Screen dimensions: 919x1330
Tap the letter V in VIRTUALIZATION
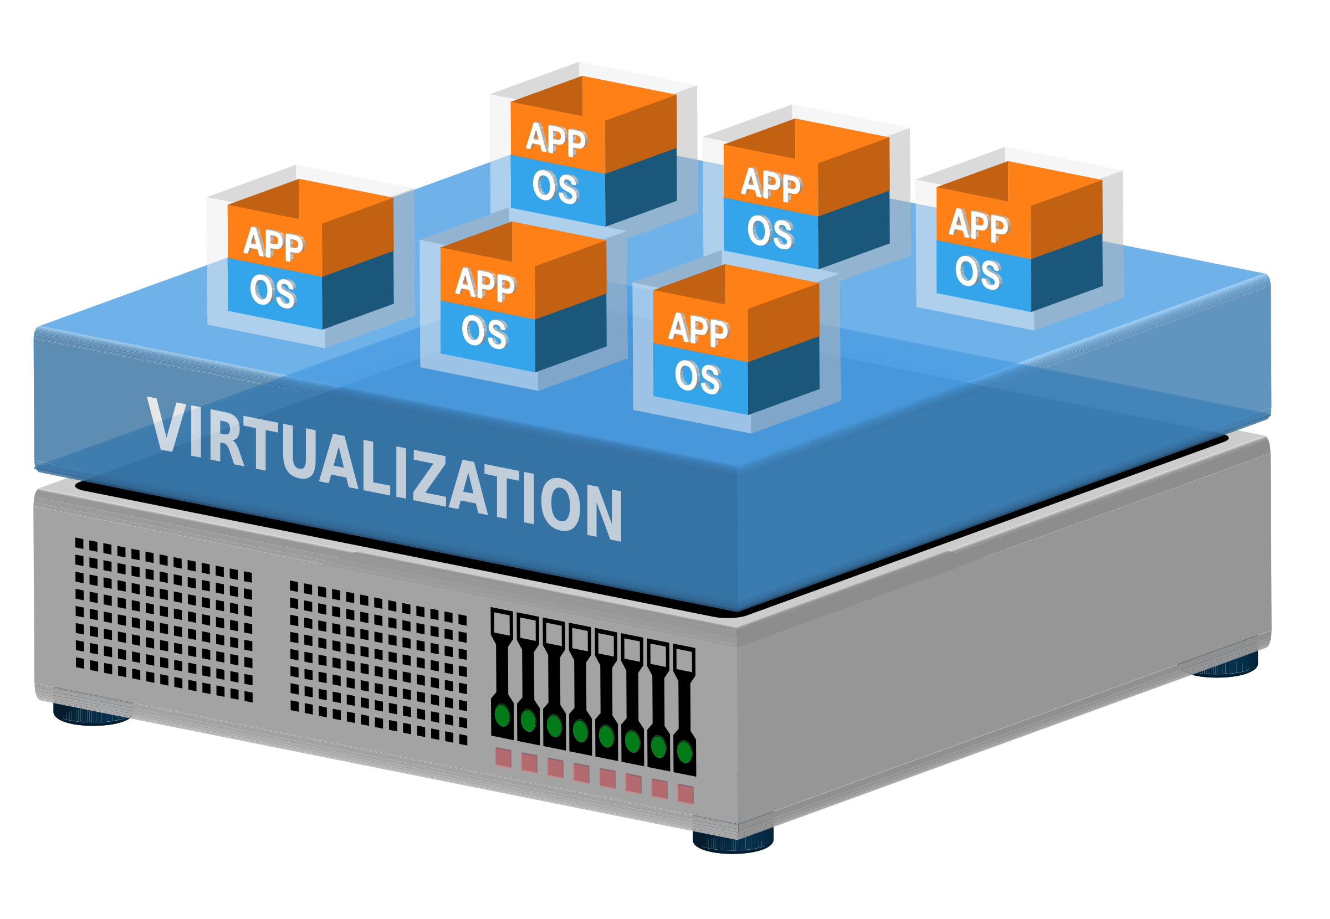166,425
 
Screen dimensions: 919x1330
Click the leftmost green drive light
502,715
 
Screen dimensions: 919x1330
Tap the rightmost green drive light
684,752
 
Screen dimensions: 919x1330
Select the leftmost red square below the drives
503,757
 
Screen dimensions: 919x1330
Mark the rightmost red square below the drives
686,794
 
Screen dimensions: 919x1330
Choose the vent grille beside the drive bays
378,662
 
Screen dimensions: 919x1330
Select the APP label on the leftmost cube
273,244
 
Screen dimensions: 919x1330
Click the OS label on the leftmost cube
273,291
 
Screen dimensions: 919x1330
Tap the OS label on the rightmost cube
978,273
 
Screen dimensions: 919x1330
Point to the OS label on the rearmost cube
555,187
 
